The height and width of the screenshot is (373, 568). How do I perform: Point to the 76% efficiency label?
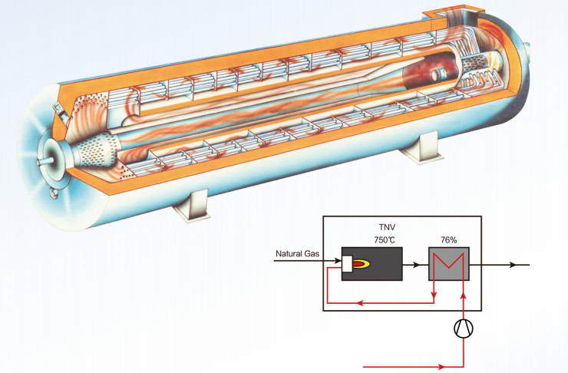click(x=448, y=240)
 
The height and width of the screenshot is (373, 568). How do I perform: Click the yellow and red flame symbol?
click(x=360, y=264)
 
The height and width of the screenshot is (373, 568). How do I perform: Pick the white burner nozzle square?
click(x=346, y=264)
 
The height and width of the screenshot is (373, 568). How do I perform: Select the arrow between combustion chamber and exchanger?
click(x=415, y=264)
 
